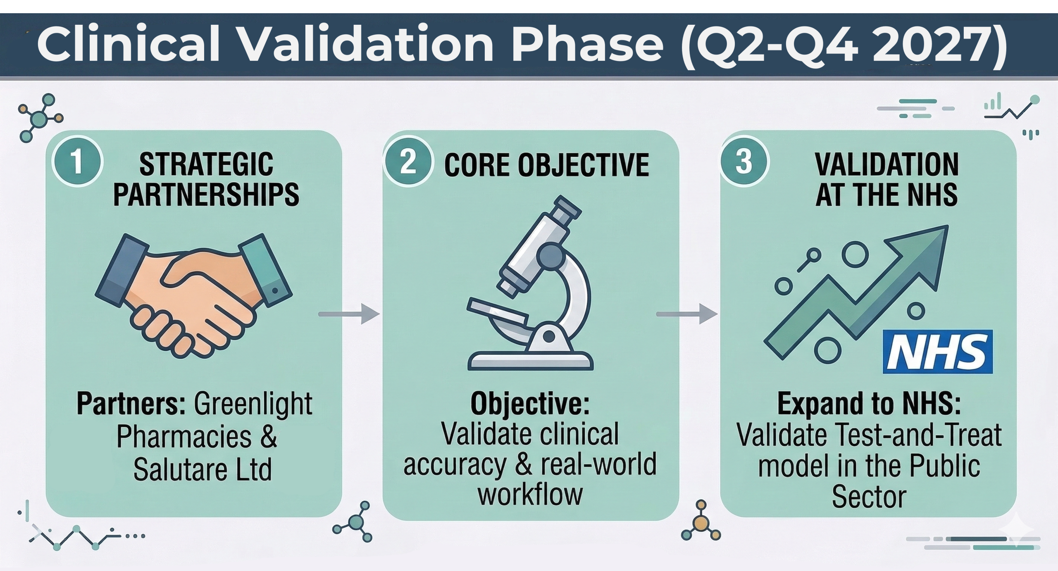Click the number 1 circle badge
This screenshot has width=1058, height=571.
coord(77,162)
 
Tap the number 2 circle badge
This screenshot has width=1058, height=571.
coord(408,162)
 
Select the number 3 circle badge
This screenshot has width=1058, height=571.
coord(744,162)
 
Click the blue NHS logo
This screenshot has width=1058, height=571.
coord(937,352)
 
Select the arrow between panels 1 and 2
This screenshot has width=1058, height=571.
coord(349,314)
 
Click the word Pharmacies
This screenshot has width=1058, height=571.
coord(184,437)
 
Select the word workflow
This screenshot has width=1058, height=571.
coord(530,495)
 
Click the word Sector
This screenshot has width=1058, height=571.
coord(869,497)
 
